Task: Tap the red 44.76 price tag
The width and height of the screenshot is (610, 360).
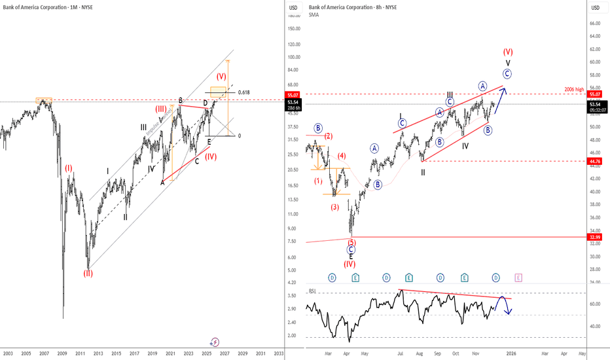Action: (595, 160)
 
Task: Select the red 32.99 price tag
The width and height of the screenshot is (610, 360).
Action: (595, 237)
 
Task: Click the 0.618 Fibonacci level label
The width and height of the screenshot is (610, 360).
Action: (244, 92)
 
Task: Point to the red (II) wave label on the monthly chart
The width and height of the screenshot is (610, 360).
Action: (87, 273)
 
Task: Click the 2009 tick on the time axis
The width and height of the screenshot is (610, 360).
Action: (62, 353)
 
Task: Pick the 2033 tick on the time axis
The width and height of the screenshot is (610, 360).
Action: (279, 353)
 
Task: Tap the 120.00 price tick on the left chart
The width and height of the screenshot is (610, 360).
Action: (293, 45)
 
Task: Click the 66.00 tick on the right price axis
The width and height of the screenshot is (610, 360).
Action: (594, 24)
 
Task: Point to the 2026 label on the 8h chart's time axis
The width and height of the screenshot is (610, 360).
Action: (511, 353)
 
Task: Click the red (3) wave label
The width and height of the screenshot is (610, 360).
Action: (334, 207)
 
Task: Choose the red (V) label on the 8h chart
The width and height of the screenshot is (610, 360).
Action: (508, 51)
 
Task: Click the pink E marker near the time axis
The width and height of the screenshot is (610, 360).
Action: (518, 278)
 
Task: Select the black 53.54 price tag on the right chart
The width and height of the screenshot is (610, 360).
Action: (595, 104)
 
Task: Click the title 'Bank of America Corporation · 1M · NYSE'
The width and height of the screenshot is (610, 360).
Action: (43, 7)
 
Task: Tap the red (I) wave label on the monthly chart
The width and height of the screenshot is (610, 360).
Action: (68, 168)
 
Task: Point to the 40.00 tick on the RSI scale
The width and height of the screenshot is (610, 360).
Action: (594, 326)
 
